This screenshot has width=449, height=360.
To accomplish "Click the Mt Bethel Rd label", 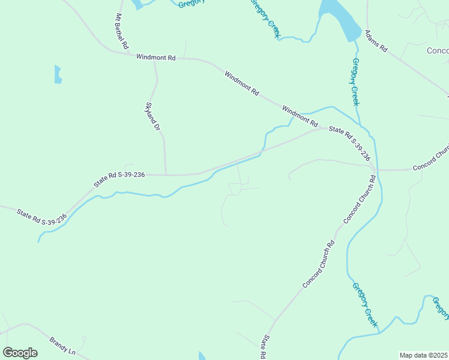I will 121,31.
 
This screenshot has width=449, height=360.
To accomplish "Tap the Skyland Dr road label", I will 153,116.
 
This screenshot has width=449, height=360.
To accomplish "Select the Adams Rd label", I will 377,40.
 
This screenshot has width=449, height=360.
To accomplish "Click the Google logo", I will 20,353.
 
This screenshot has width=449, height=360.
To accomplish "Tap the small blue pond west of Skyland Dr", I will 58,74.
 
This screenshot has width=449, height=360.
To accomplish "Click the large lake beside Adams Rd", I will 339,18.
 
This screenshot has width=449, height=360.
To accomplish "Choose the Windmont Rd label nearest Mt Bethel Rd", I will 155,58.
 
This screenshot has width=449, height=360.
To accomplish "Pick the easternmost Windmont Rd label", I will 300,116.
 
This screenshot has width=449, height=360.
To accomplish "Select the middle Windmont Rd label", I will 241,84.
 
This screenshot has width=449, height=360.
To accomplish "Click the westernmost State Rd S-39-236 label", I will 42,217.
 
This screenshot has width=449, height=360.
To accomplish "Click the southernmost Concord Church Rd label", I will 318,265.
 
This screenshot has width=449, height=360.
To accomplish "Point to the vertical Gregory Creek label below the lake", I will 355,82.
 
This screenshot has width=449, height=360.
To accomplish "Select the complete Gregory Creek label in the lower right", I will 365,305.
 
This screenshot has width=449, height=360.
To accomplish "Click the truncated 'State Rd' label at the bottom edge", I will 263,348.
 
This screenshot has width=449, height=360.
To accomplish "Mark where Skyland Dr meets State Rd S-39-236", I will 166,175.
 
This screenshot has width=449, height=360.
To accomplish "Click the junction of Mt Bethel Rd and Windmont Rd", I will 128,54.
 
